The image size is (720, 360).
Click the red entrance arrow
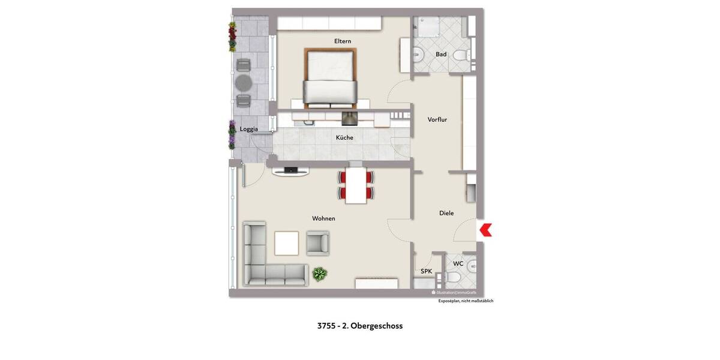[486, 229]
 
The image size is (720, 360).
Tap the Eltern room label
[343, 41]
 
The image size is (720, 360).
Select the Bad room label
[441, 55]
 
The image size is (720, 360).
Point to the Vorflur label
[437, 120]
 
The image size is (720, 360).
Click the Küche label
[344, 138]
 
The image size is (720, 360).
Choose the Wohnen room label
[323, 218]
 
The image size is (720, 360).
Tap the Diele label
[446, 213]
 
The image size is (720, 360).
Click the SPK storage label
[426, 271]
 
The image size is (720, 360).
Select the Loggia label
[249, 129]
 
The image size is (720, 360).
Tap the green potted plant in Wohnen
[320, 274]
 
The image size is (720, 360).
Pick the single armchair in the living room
[317, 242]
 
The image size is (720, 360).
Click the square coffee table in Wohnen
[287, 243]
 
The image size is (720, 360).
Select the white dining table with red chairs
[356, 185]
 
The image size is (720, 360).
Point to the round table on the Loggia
[244, 82]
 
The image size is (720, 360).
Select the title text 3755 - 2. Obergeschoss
[360, 326]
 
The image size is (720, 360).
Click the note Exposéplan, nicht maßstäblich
[466, 301]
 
